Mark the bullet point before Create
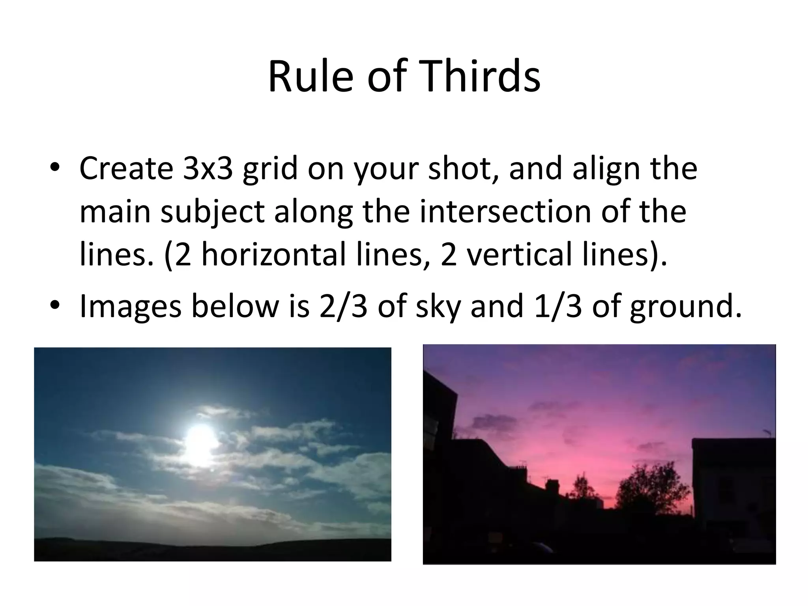tap(55, 167)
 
